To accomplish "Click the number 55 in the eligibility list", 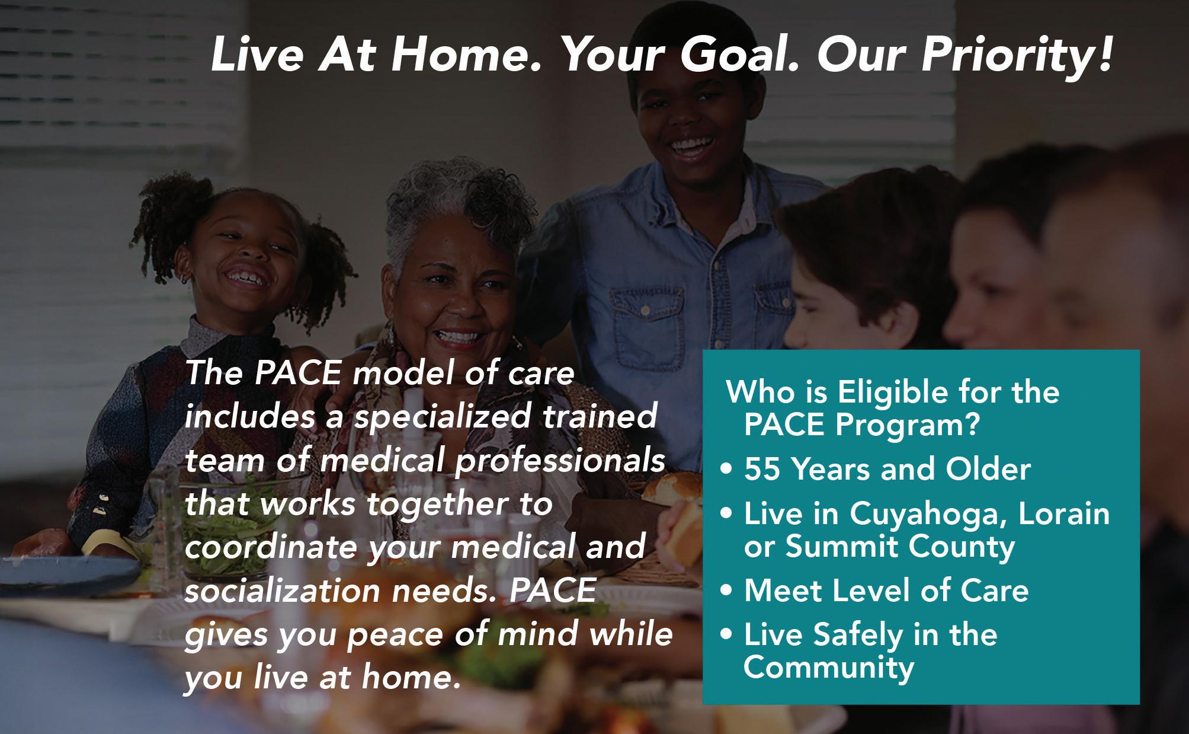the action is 765,470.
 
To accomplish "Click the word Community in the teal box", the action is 829,668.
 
